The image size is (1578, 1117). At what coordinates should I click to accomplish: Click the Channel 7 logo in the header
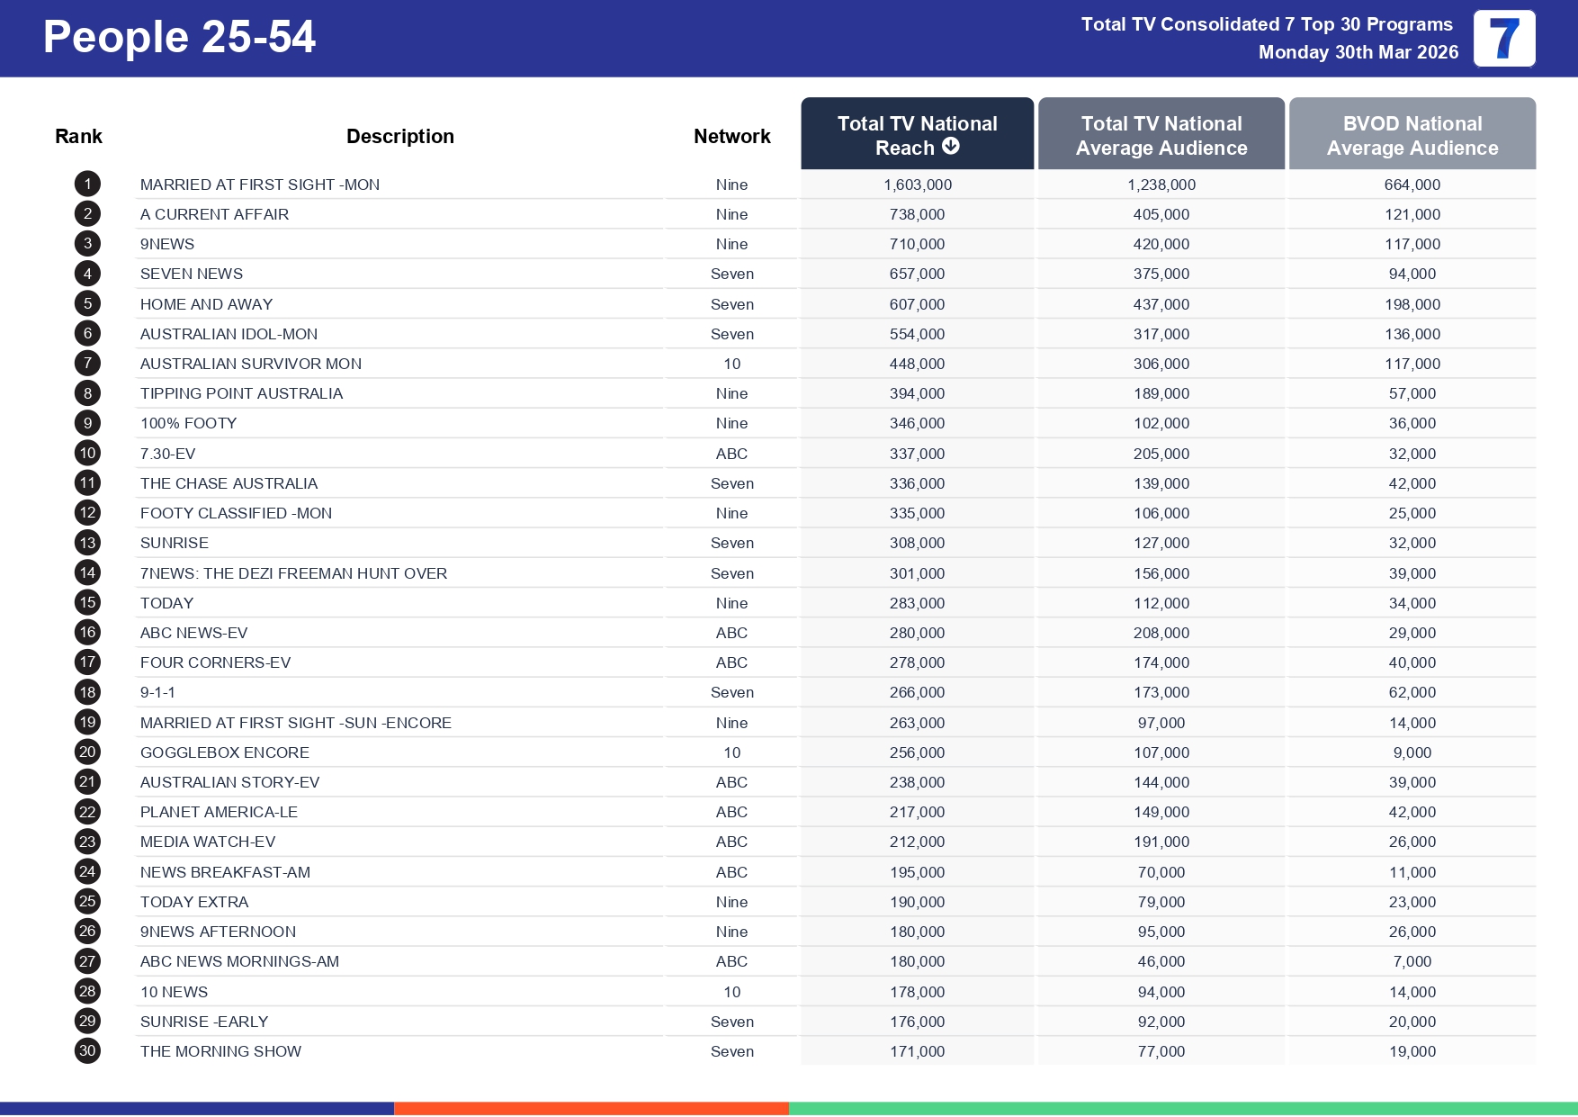pos(1503,39)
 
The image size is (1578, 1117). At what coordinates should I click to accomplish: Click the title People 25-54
pos(179,38)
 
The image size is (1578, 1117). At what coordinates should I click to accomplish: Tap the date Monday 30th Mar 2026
pos(1358,52)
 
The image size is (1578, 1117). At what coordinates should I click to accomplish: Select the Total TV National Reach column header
pos(917,135)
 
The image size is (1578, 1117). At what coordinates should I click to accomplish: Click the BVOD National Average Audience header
pos(1412,135)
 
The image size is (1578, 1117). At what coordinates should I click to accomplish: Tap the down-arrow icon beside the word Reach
pos(951,146)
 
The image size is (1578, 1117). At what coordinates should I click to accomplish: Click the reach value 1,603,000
pos(917,185)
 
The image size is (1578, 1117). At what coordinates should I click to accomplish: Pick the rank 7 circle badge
pos(87,364)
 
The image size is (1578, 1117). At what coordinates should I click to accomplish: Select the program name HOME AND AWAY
pos(206,304)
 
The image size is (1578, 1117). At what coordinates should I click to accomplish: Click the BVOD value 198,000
pos(1412,304)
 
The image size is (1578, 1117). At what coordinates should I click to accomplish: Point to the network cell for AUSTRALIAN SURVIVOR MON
pos(731,364)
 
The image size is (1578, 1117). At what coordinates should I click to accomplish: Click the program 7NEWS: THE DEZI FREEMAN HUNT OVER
pos(293,573)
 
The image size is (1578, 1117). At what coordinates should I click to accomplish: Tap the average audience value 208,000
pos(1161,633)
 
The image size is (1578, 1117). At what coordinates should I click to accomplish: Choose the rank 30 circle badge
pos(87,1050)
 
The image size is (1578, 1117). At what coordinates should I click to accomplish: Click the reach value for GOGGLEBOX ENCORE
pos(917,752)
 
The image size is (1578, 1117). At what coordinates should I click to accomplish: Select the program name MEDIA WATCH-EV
pos(208,842)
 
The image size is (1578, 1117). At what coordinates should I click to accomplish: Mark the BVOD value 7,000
pos(1412,961)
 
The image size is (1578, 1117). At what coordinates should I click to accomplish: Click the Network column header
pos(731,137)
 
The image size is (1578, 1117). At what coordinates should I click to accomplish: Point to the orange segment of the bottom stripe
pos(591,1108)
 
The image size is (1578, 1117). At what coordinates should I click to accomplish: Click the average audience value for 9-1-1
pos(1161,692)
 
